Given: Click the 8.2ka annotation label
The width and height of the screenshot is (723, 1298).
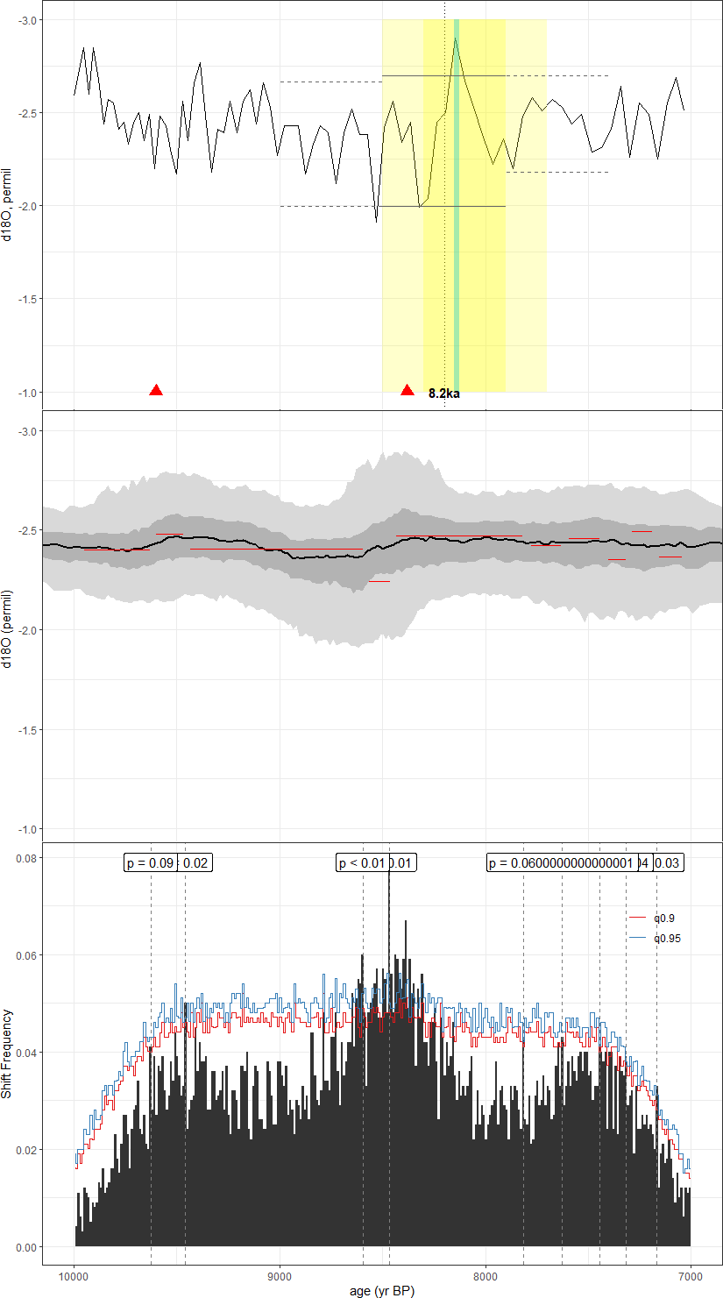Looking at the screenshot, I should tap(443, 394).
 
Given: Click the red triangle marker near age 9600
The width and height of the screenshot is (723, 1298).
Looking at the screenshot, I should tap(156, 390).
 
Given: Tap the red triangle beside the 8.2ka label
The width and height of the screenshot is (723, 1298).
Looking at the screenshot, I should tap(408, 390).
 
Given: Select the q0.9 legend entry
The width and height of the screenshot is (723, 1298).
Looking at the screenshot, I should tap(664, 919).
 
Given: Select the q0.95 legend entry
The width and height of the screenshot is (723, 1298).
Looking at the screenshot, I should tap(667, 938).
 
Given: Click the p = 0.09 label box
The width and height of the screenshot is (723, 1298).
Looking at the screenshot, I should tap(151, 863).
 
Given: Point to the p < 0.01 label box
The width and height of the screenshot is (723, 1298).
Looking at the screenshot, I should tap(362, 863).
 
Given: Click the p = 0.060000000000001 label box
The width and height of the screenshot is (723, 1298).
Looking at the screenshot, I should tap(561, 863).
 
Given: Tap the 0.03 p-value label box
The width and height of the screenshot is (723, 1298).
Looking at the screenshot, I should tap(668, 863).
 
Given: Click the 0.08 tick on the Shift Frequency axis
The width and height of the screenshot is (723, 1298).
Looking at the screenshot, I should tap(27, 858).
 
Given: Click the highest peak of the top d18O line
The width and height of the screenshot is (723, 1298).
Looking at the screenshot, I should tap(456, 39).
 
